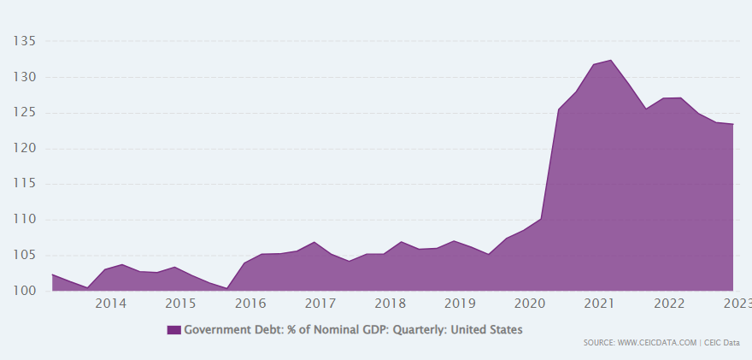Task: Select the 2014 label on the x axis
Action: pyautogui.click(x=111, y=304)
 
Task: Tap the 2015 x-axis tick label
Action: pyautogui.click(x=180, y=304)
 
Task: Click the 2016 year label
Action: pyautogui.click(x=250, y=304)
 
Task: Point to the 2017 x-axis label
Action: pyautogui.click(x=320, y=304)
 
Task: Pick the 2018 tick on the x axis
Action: pyautogui.click(x=390, y=304)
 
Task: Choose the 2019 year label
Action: pyautogui.click(x=460, y=304)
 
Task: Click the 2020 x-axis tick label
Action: pyautogui.click(x=529, y=304)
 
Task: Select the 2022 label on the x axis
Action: pyautogui.click(x=668, y=304)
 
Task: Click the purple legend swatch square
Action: pyautogui.click(x=174, y=329)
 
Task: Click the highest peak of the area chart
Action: pyautogui.click(x=611, y=61)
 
